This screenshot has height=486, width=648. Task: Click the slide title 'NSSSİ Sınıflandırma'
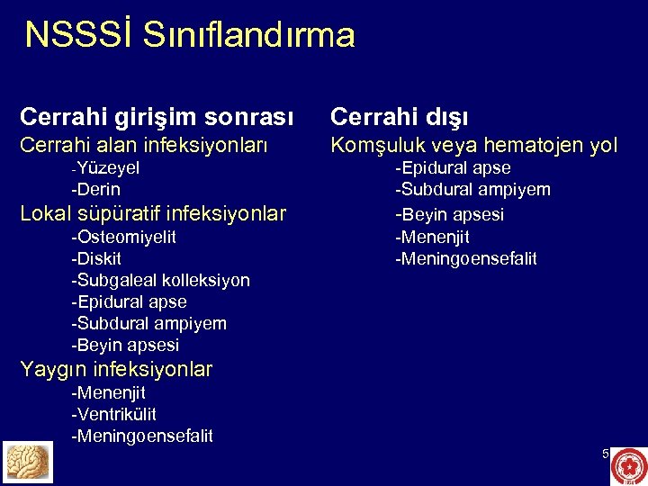pyautogui.click(x=190, y=35)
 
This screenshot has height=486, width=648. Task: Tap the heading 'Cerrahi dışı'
pyautogui.click(x=399, y=117)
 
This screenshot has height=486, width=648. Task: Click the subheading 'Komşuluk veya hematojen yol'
pyautogui.click(x=474, y=145)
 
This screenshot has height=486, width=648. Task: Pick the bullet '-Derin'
pyautogui.click(x=96, y=189)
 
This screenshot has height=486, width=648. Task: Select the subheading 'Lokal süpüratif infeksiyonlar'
pyautogui.click(x=153, y=213)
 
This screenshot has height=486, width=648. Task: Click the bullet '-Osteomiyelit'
pyautogui.click(x=124, y=237)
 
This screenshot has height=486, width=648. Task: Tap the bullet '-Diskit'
pyautogui.click(x=98, y=258)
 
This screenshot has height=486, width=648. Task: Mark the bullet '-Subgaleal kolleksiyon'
pyautogui.click(x=161, y=280)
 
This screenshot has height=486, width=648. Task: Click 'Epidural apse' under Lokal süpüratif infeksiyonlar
pyautogui.click(x=130, y=301)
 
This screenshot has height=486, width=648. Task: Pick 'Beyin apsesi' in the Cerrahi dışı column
pyautogui.click(x=450, y=214)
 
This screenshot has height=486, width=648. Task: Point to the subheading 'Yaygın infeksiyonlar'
pyautogui.click(x=116, y=369)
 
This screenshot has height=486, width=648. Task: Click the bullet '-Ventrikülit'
pyautogui.click(x=114, y=414)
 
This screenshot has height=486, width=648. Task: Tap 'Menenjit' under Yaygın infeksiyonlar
pyautogui.click(x=109, y=392)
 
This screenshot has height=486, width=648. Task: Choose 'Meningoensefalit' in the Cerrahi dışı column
pyautogui.click(x=466, y=259)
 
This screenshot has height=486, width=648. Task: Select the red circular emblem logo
pyautogui.click(x=628, y=466)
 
